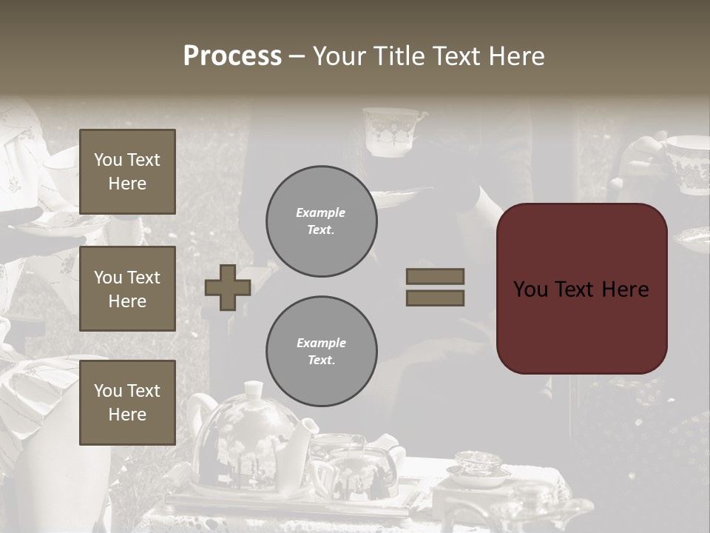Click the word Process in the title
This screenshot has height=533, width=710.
(232, 56)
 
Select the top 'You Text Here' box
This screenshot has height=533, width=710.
(127, 172)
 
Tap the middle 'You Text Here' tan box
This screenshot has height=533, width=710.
(127, 289)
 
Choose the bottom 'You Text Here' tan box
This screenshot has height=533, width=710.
(127, 402)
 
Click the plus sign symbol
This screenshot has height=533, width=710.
(227, 287)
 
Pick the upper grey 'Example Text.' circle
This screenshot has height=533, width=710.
(321, 221)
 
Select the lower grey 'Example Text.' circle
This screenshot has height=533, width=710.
(321, 352)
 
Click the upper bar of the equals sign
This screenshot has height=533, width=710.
(435, 276)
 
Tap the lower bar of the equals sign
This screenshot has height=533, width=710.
(435, 298)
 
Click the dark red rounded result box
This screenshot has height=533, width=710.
(581, 289)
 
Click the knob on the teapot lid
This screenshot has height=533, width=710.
(254, 388)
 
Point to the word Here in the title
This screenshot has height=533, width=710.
(514, 56)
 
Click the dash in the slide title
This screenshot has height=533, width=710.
(297, 56)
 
